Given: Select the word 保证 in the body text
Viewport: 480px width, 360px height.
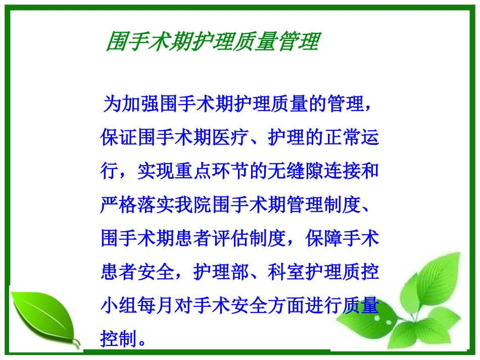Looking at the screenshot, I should [119, 137].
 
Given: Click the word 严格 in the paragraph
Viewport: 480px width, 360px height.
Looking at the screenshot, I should [119, 204].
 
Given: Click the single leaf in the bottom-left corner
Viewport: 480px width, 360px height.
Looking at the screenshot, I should [43, 315].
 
